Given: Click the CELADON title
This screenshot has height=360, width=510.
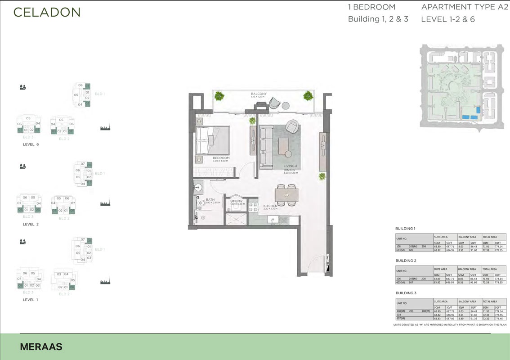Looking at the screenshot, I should pyautogui.click(x=47, y=12).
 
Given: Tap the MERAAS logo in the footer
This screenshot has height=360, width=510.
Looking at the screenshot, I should pyautogui.click(x=41, y=347).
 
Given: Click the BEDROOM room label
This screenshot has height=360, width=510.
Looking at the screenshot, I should pyautogui.click(x=221, y=158).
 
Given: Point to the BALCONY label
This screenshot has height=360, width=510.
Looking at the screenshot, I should pyautogui.click(x=259, y=94).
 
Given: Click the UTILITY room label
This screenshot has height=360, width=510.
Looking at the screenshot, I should pyautogui.click(x=236, y=202).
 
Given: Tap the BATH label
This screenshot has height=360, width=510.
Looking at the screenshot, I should pyautogui.click(x=210, y=200).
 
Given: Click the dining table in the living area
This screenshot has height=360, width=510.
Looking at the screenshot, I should pyautogui.click(x=286, y=195).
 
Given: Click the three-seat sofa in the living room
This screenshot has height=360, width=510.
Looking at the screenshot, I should pyautogui.click(x=265, y=147).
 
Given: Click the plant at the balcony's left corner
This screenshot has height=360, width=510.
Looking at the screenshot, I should pyautogui.click(x=219, y=95).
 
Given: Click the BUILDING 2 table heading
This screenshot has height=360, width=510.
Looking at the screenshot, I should pyautogui.click(x=406, y=261).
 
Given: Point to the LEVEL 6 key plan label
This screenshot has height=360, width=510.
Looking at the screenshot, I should pyautogui.click(x=31, y=144).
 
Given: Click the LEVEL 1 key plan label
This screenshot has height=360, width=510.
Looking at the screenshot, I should pyautogui.click(x=31, y=299).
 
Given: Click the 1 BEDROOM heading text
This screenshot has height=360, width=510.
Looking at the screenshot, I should pyautogui.click(x=371, y=7).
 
